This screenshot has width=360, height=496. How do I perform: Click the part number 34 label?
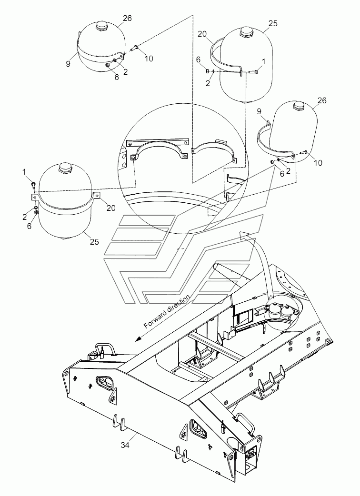[125, 445]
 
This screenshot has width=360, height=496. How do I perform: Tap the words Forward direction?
[167, 311]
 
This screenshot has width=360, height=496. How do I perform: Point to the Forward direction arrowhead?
[139, 339]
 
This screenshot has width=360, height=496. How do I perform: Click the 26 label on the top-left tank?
[127, 18]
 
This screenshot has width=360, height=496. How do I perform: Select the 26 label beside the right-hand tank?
[322, 100]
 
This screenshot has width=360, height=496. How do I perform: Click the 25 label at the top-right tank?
[273, 23]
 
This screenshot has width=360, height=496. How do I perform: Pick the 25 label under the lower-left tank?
[94, 242]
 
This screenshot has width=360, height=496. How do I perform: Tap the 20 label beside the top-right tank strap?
[202, 34]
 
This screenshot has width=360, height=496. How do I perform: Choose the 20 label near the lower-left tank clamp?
[111, 208]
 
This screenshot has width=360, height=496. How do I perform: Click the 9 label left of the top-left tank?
[68, 64]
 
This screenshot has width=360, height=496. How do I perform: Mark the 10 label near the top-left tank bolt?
[149, 58]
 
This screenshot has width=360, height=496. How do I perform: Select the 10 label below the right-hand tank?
[318, 163]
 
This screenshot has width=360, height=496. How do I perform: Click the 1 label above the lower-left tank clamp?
[24, 172]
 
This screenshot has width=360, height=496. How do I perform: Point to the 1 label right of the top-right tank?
[263, 61]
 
